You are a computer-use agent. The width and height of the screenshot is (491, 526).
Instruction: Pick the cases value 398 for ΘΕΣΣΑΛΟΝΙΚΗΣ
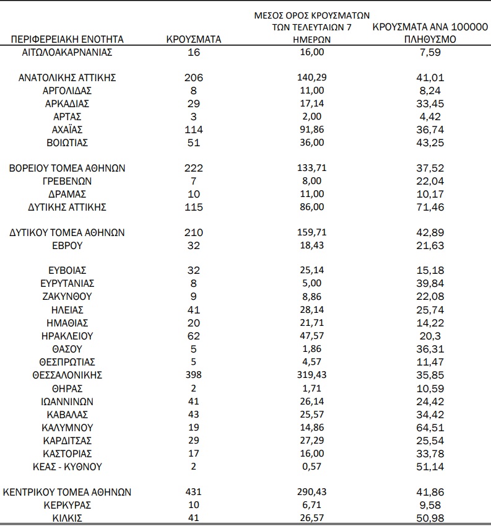194,375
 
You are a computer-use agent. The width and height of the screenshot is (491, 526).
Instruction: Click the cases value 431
194,492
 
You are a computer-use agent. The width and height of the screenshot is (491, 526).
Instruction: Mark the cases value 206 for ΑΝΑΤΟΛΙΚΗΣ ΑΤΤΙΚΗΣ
194,78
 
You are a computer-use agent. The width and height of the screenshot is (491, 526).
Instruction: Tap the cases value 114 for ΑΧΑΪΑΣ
194,129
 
